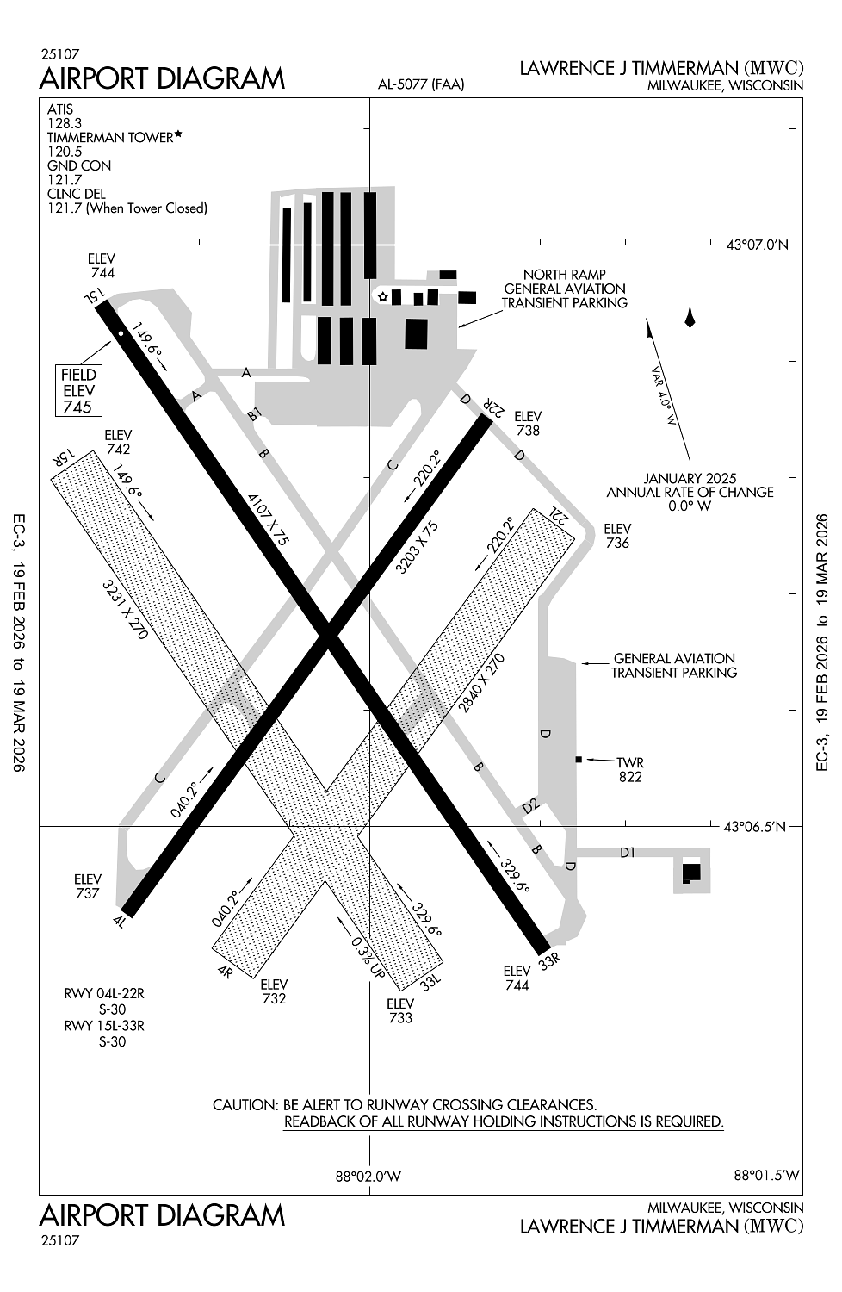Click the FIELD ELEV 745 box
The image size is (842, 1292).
(78, 390)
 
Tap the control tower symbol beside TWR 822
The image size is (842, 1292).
(579, 759)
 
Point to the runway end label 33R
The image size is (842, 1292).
(548, 961)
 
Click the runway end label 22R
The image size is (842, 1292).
(491, 407)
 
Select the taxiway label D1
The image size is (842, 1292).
(628, 853)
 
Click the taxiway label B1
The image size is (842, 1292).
(254, 415)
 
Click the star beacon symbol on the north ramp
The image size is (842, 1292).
(382, 297)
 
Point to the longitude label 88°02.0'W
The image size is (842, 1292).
(368, 1176)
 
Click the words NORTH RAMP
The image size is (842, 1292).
(564, 275)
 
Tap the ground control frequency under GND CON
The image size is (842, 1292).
(65, 179)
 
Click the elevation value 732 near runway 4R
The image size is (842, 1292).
(274, 998)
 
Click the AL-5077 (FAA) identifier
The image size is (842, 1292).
(421, 84)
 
